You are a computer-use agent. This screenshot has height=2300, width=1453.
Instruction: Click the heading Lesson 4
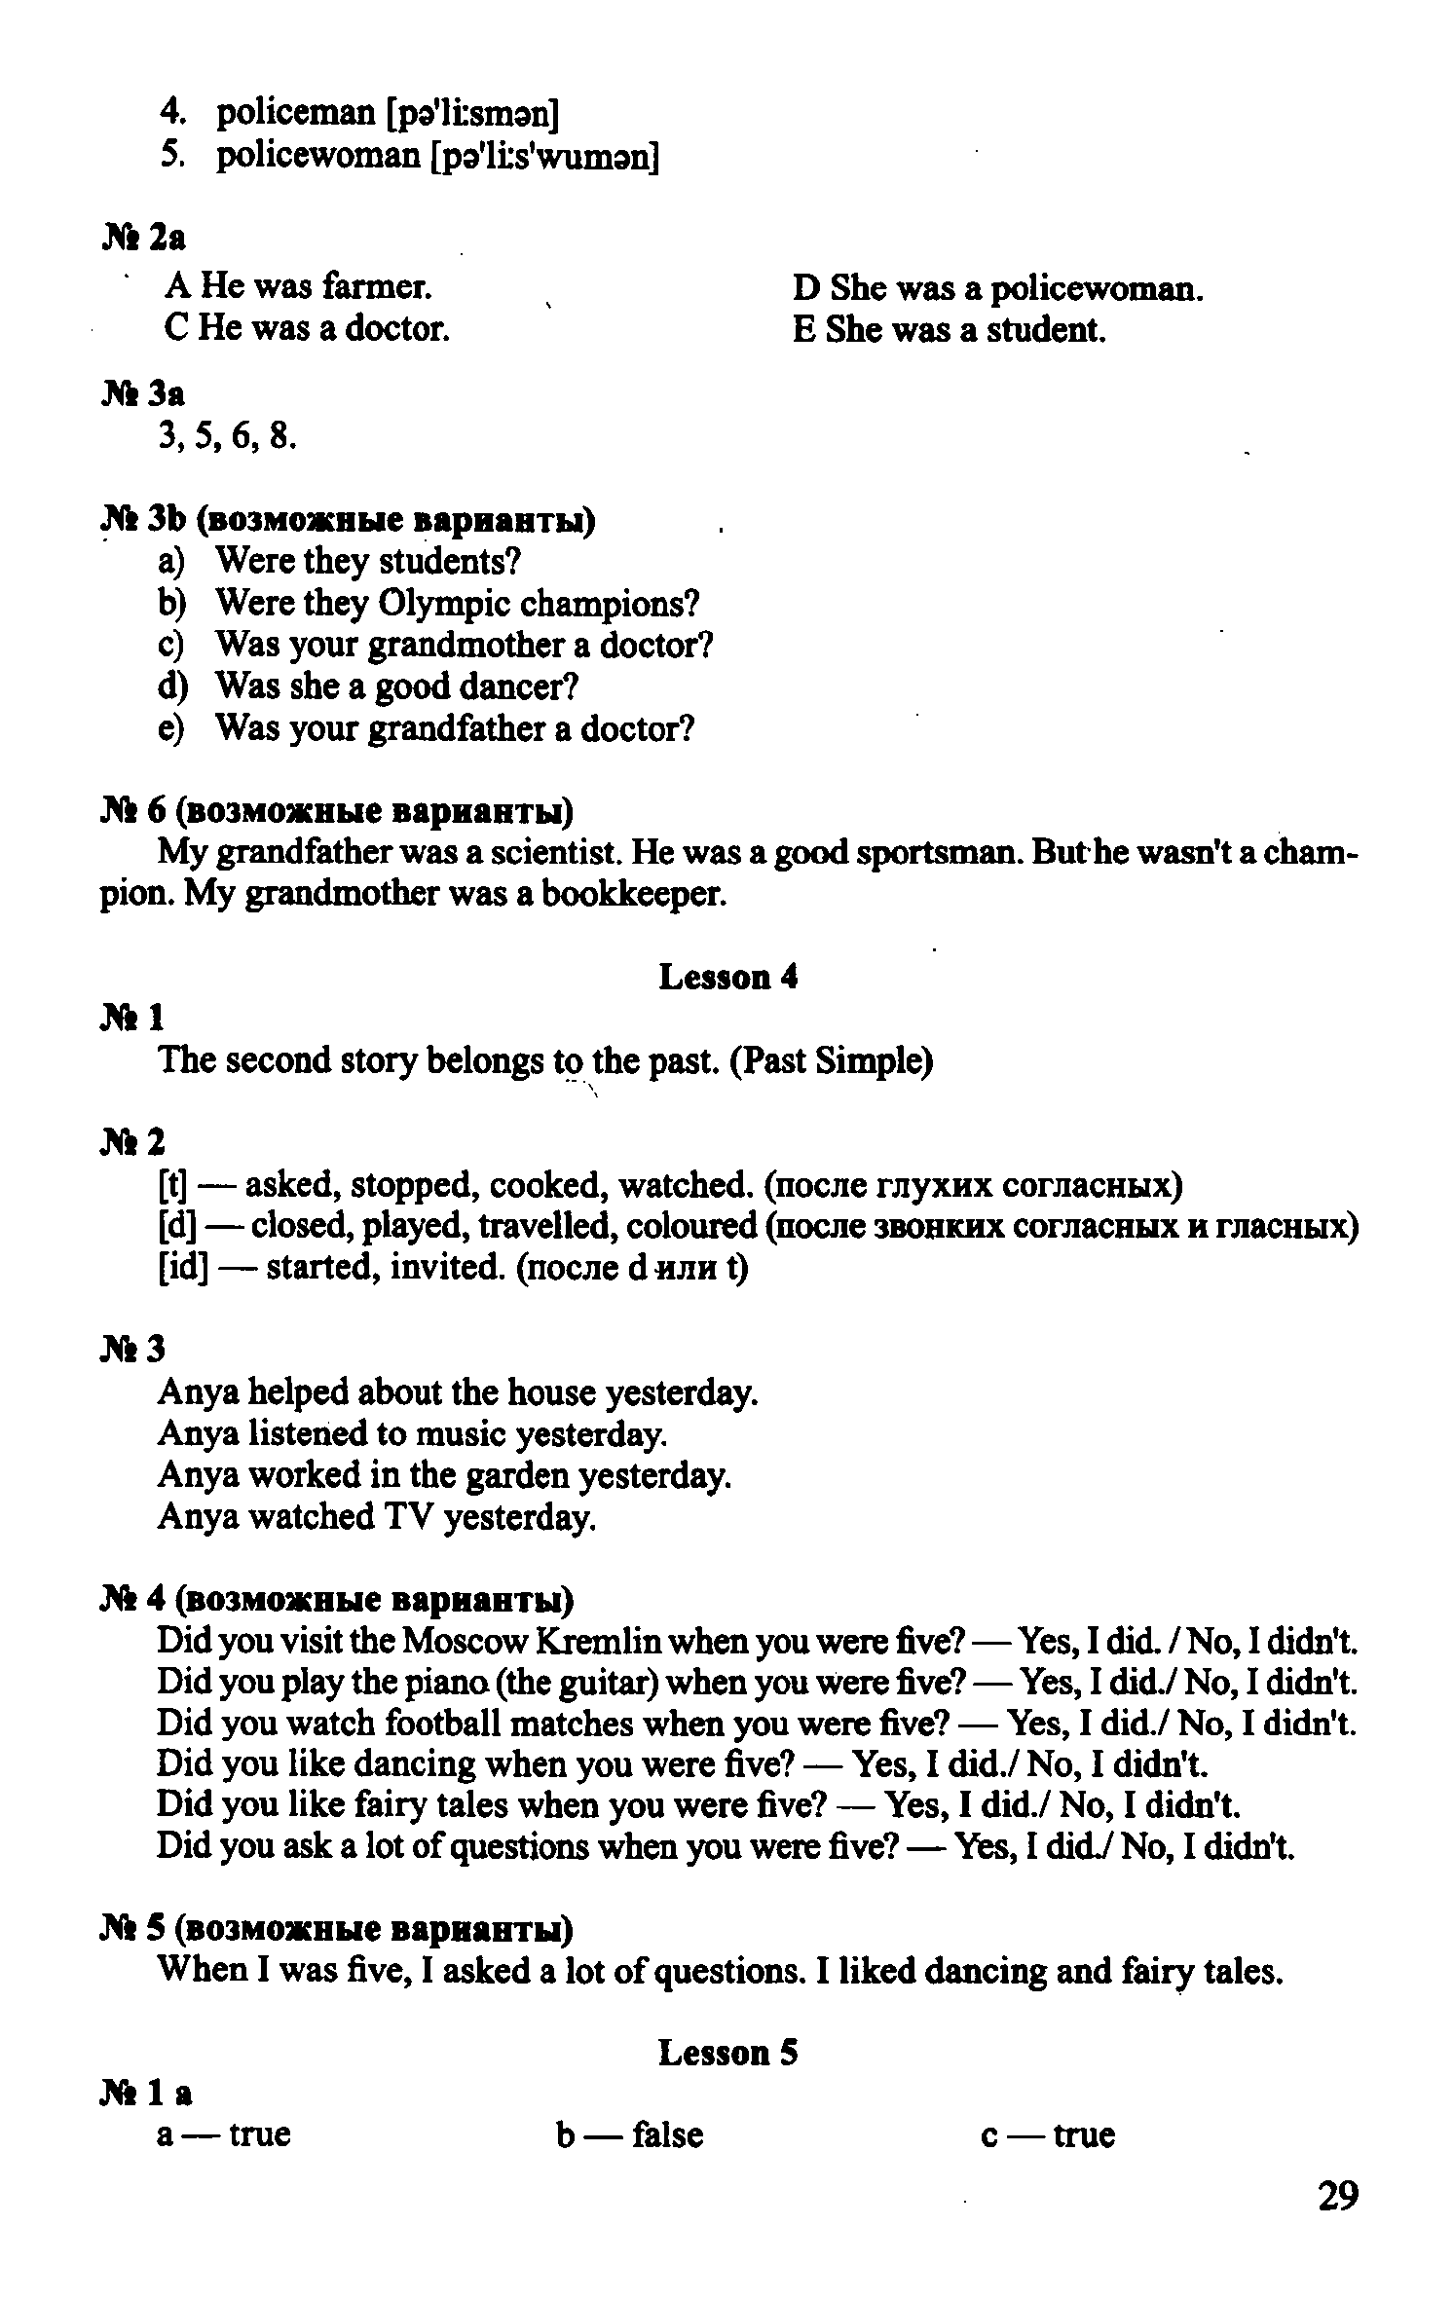pyautogui.click(x=727, y=977)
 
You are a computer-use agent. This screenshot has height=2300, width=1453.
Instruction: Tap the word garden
pyautogui.click(x=518, y=1476)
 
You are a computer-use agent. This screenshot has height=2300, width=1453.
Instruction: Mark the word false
pyautogui.click(x=667, y=2134)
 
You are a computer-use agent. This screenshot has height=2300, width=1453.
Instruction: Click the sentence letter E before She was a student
pyautogui.click(x=804, y=331)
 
